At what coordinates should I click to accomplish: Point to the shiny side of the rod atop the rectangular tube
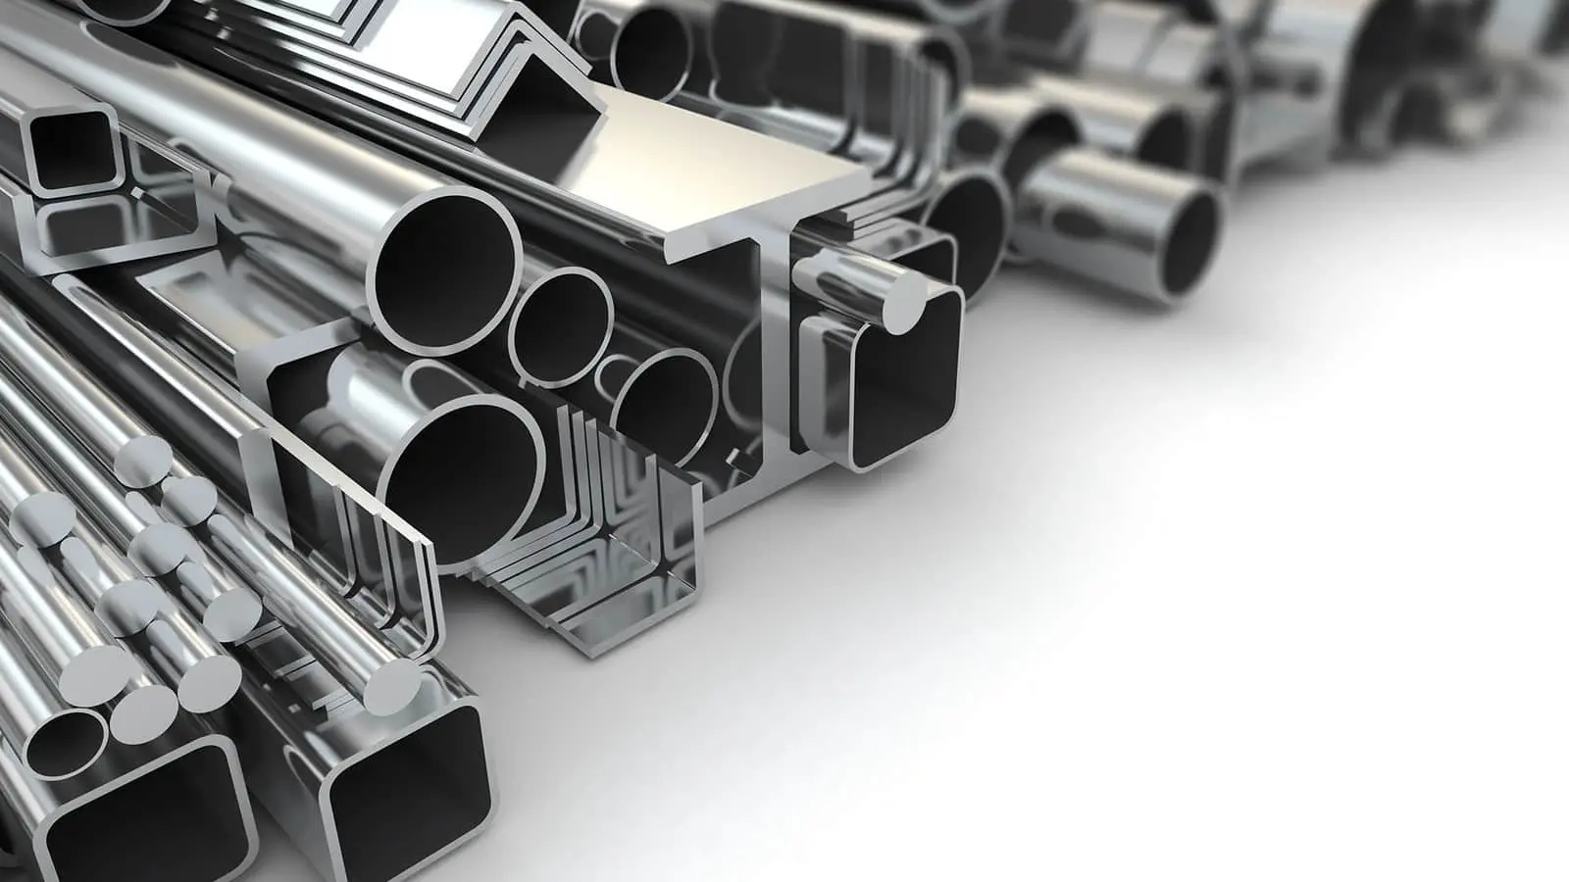[843, 274]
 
